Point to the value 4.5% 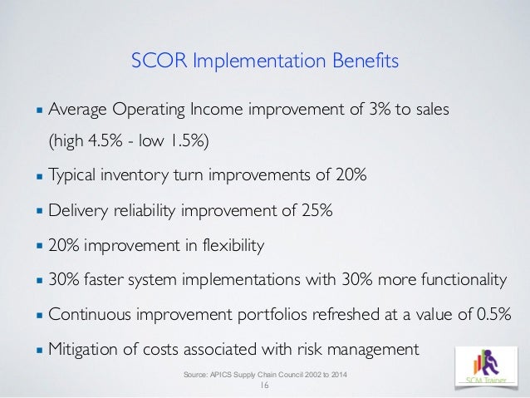(x=104, y=141)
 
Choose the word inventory (x=142, y=177)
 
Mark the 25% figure (x=316, y=211)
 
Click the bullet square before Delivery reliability (x=39, y=211)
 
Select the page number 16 (x=266, y=387)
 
